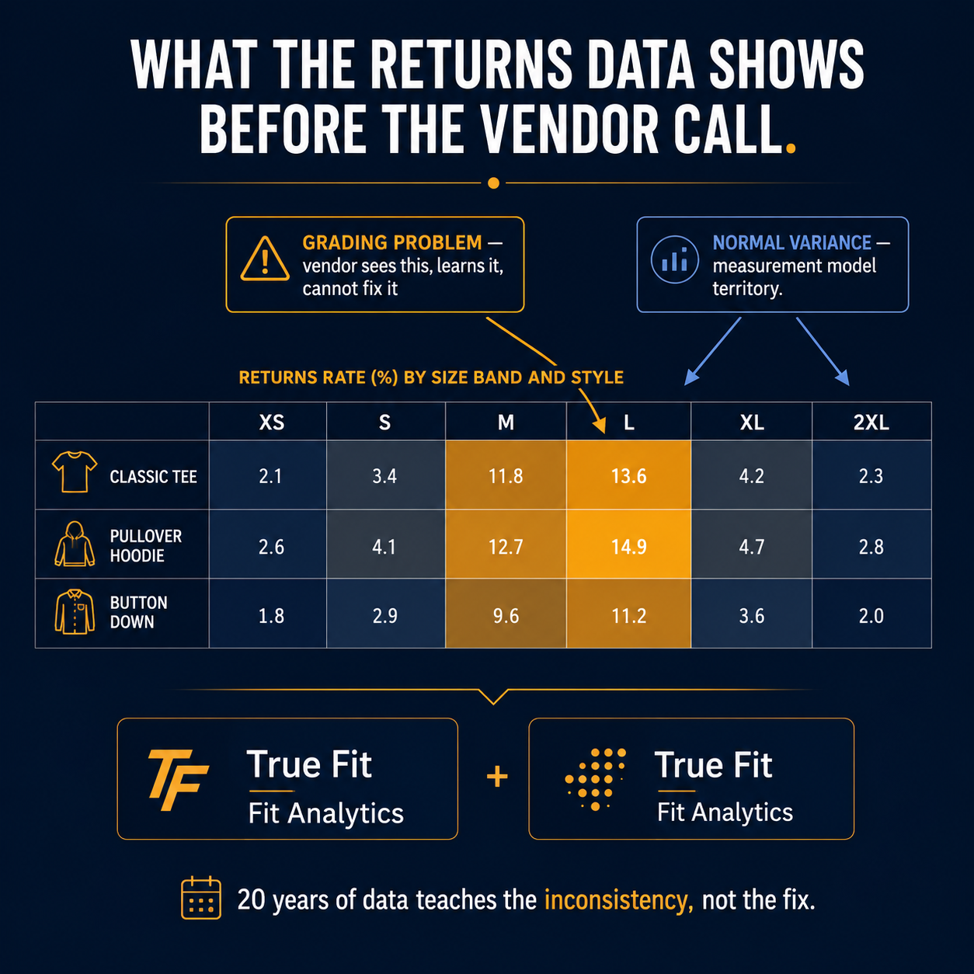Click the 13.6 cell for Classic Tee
click(628, 475)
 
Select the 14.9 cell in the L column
click(628, 546)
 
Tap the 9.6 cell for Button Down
click(506, 615)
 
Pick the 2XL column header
click(871, 422)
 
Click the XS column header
click(271, 422)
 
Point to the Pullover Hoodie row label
click(145, 546)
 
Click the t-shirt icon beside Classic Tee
click(75, 471)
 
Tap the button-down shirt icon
click(75, 611)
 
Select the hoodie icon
click(75, 544)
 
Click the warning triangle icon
click(265, 259)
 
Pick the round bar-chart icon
click(675, 259)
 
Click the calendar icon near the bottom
click(200, 898)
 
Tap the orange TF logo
click(178, 780)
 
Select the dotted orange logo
click(596, 779)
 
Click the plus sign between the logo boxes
click(497, 777)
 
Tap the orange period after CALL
click(791, 148)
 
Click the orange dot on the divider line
click(493, 183)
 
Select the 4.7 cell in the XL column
click(751, 546)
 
